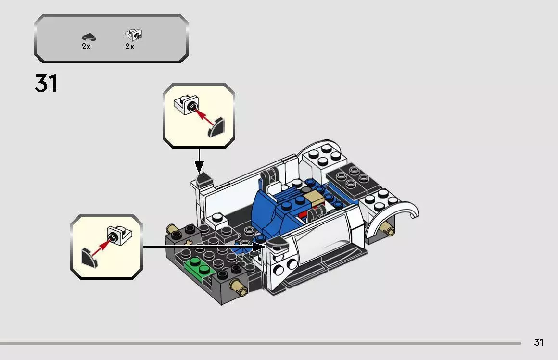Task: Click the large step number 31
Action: pyautogui.click(x=46, y=84)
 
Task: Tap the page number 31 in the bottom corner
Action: pyautogui.click(x=539, y=342)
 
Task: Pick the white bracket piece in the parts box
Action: pyautogui.click(x=134, y=34)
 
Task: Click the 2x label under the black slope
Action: pyautogui.click(x=86, y=47)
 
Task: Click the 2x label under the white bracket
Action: pyautogui.click(x=129, y=47)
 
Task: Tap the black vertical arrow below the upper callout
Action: pyautogui.click(x=199, y=161)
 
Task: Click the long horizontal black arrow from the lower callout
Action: pyautogui.click(x=202, y=247)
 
